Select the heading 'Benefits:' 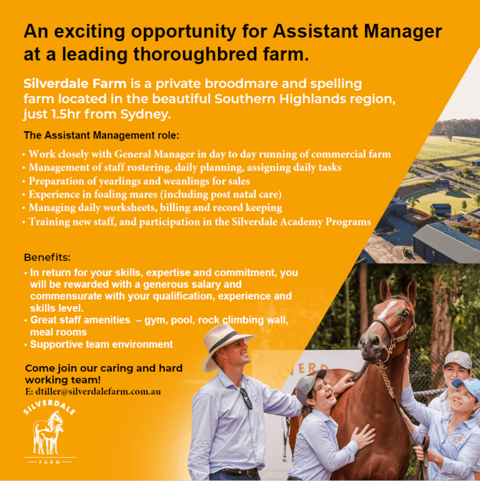click(x=47, y=257)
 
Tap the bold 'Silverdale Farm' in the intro click(x=74, y=83)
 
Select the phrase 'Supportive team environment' click(x=101, y=344)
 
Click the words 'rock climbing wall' click(x=243, y=320)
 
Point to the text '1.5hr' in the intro click(x=64, y=114)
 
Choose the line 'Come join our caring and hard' click(x=103, y=369)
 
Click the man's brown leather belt click(x=234, y=472)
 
